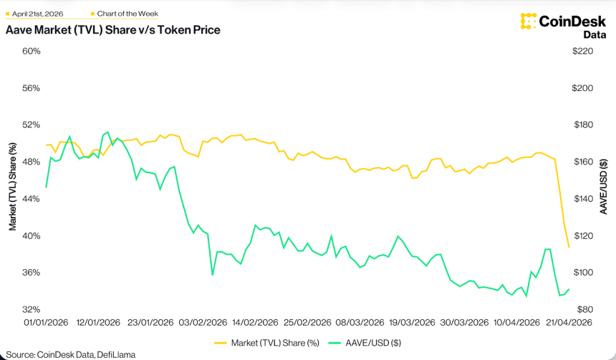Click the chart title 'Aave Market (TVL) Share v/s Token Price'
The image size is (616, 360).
click(x=112, y=30)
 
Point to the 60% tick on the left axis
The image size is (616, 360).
click(x=31, y=52)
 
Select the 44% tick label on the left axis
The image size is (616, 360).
click(x=31, y=199)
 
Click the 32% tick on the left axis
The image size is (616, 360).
click(x=31, y=310)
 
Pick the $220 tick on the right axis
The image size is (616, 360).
click(x=585, y=52)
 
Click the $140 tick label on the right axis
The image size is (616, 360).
click(x=585, y=199)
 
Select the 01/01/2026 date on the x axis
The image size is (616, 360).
click(x=47, y=323)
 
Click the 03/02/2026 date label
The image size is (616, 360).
click(x=202, y=323)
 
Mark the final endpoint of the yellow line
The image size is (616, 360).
click(x=569, y=248)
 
